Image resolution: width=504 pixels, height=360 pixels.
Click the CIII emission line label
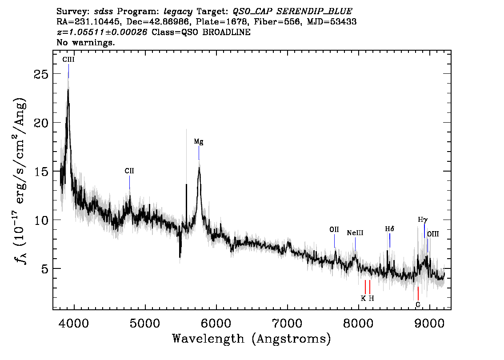click(x=68, y=59)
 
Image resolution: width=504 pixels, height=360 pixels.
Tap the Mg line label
click(x=199, y=142)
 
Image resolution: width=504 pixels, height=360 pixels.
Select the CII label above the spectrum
click(x=129, y=171)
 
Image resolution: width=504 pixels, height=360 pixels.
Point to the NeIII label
click(x=355, y=232)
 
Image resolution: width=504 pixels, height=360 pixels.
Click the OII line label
click(x=334, y=230)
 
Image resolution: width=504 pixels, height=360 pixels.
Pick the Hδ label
click(x=390, y=229)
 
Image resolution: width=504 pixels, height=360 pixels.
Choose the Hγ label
click(x=423, y=220)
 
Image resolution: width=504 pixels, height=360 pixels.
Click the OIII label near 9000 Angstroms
click(x=432, y=234)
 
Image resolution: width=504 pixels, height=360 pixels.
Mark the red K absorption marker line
click(x=365, y=287)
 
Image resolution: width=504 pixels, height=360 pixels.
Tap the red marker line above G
click(x=418, y=293)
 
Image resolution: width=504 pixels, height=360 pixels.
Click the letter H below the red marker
click(x=371, y=299)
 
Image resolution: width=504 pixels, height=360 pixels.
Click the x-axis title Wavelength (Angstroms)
click(x=252, y=339)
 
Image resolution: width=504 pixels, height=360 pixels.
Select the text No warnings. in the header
click(x=86, y=43)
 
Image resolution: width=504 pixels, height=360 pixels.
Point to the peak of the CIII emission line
click(x=68, y=90)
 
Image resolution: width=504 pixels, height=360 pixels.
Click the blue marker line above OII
click(x=334, y=241)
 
